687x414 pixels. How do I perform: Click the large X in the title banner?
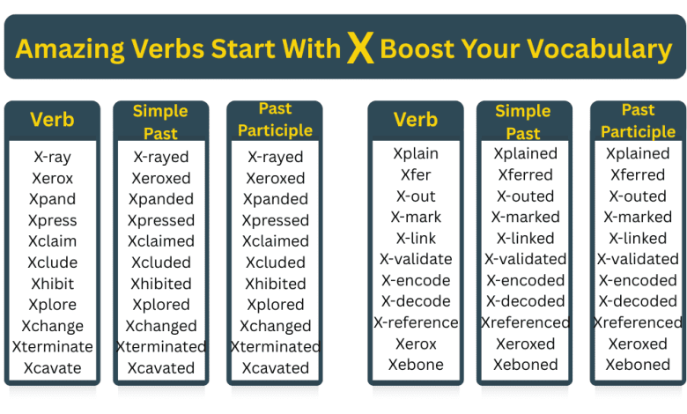point(359,48)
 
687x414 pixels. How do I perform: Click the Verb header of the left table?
point(52,120)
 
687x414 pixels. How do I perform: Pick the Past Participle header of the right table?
point(638,121)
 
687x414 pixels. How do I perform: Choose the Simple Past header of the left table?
point(160,122)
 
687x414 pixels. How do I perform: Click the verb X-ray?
point(52,158)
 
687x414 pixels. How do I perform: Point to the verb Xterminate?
point(52,347)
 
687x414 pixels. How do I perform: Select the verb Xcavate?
point(52,368)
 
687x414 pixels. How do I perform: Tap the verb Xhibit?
point(52,284)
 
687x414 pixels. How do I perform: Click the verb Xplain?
point(416,153)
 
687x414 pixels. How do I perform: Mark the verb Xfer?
point(416,174)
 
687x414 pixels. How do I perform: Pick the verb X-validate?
point(416,259)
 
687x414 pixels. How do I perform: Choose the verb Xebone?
point(416,365)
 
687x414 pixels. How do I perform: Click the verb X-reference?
point(416,322)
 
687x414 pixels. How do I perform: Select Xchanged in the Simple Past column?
point(161,326)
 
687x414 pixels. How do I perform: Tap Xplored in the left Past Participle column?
point(275,305)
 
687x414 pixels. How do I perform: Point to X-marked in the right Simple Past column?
point(525,217)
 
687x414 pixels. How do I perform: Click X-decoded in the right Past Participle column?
point(638,301)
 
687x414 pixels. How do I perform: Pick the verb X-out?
point(416,196)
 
